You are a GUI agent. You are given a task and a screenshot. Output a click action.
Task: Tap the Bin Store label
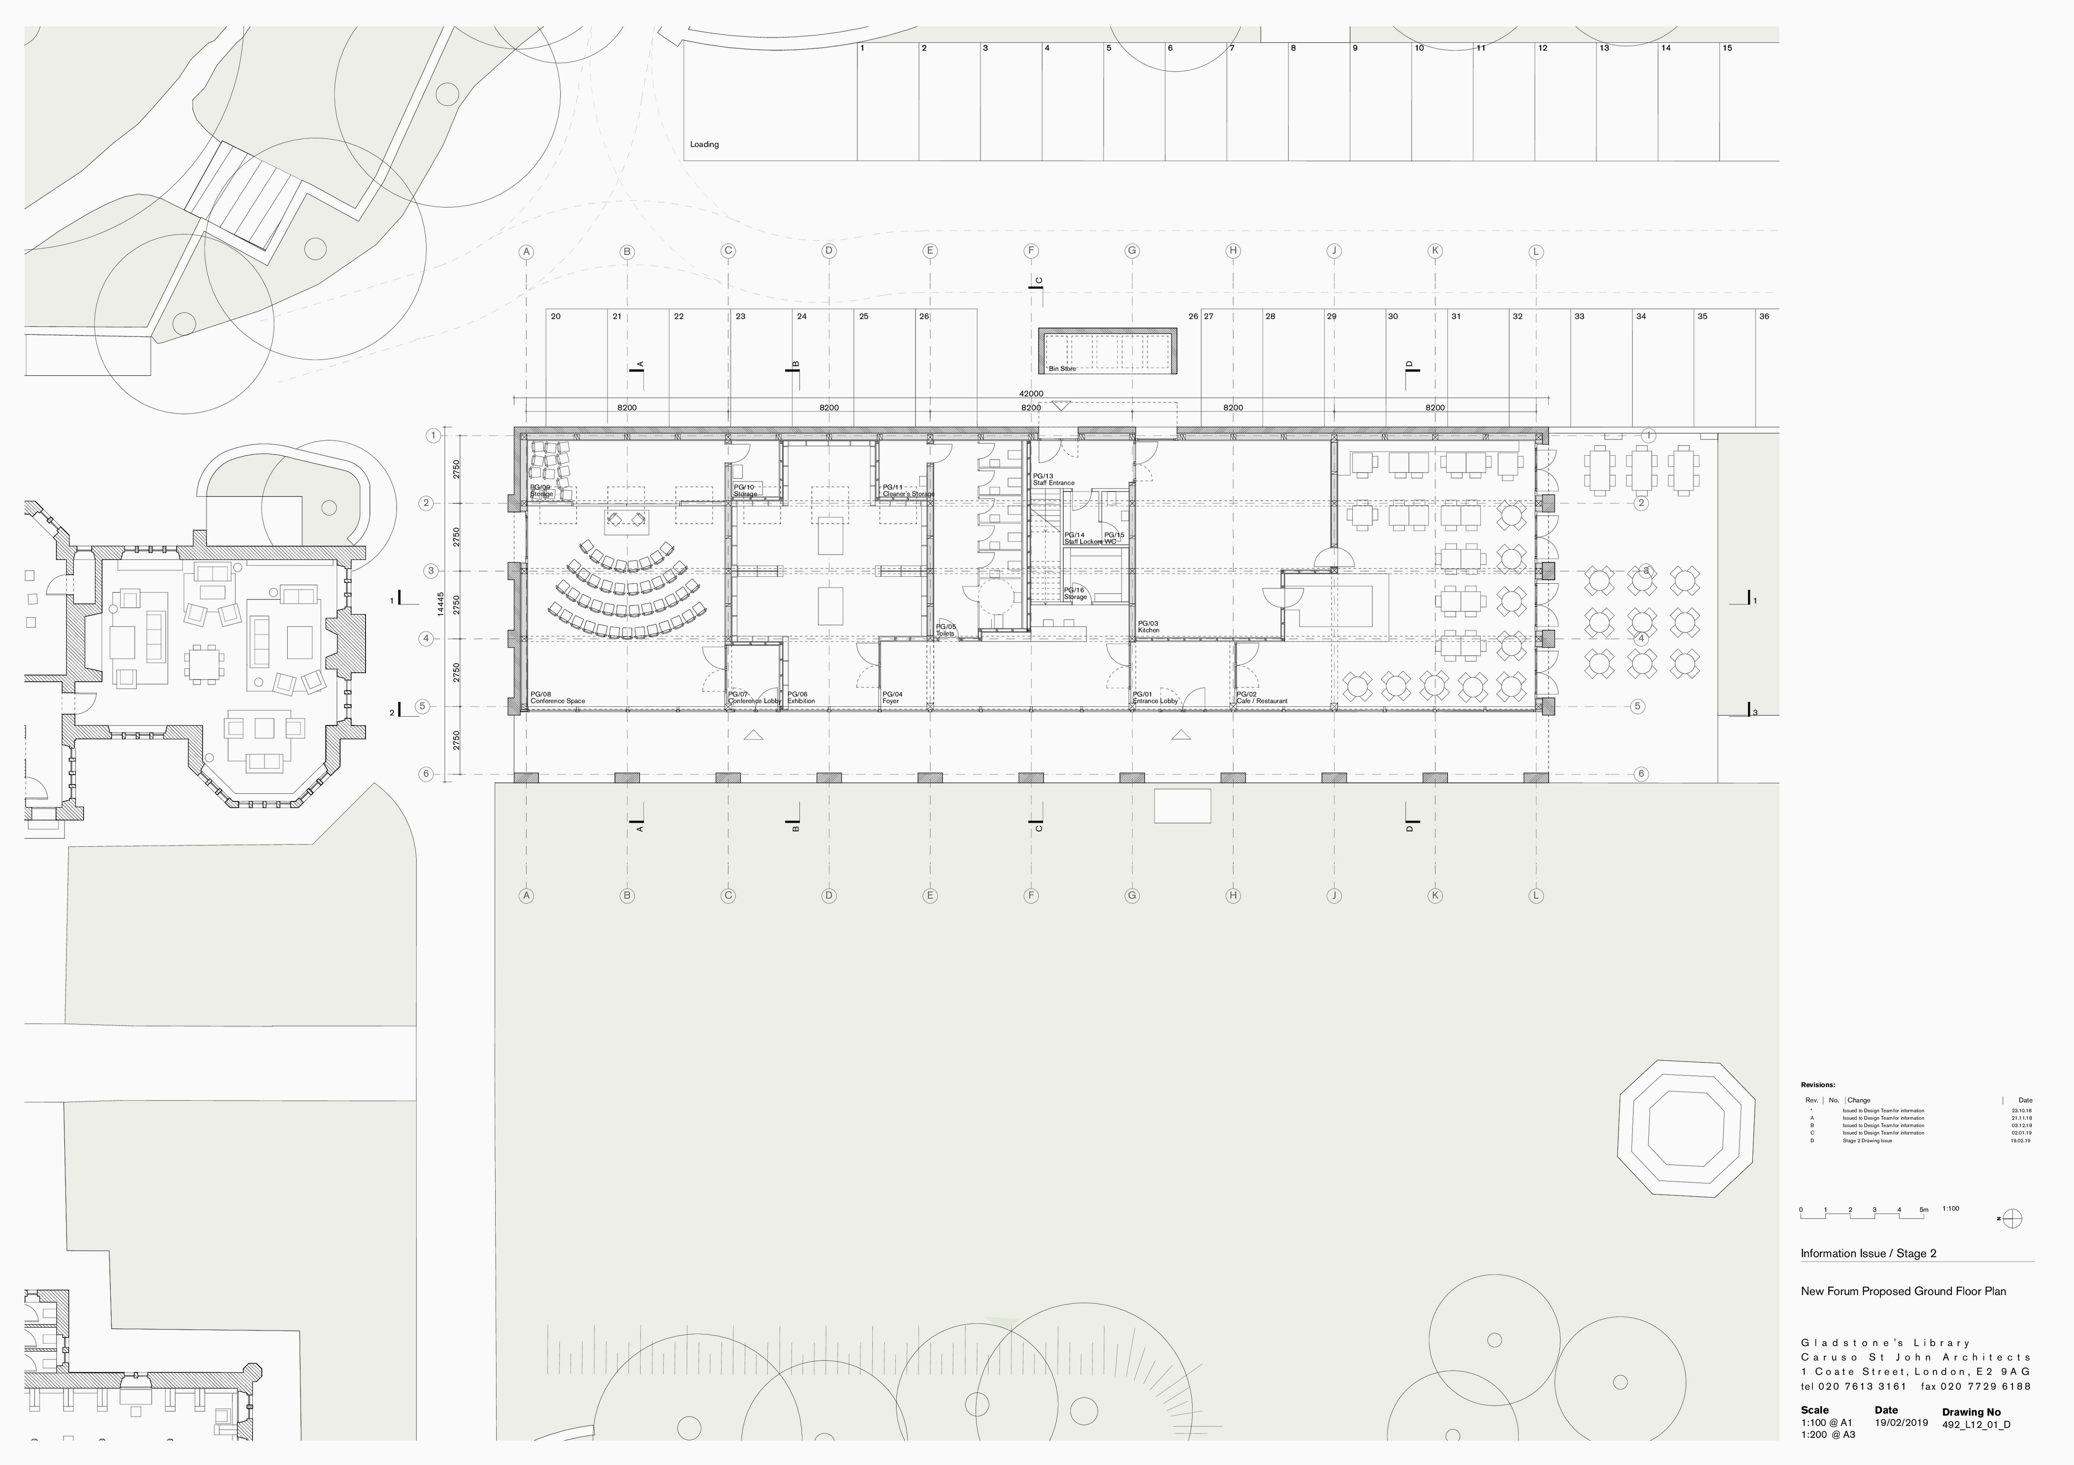[x=1062, y=369]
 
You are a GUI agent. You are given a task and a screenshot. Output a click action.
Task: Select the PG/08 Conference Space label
[x=557, y=698]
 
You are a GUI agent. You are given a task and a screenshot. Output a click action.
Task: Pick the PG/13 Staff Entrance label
[x=1053, y=480]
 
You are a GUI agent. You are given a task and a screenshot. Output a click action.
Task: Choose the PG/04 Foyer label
[x=891, y=698]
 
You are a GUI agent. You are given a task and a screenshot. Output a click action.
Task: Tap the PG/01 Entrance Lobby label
[x=1155, y=698]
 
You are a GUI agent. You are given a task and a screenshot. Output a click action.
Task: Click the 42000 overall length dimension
[x=1031, y=394]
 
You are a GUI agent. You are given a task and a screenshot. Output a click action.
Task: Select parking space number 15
[x=1727, y=48]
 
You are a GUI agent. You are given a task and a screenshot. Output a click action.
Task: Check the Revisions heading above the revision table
[x=1817, y=1085]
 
